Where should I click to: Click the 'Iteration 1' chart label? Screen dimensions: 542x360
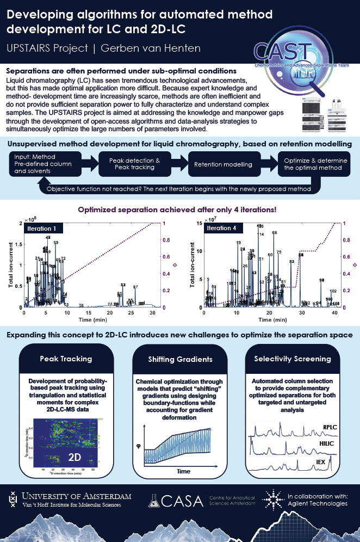pyautogui.click(x=44, y=228)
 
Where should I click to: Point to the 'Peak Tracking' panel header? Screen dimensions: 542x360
pyautogui.click(x=65, y=359)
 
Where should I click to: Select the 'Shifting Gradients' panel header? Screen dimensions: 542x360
pyautogui.click(x=179, y=360)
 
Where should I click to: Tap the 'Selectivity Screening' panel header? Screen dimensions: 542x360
pyautogui.click(x=293, y=359)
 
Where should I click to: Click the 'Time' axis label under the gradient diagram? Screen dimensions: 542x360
pyautogui.click(x=183, y=470)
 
